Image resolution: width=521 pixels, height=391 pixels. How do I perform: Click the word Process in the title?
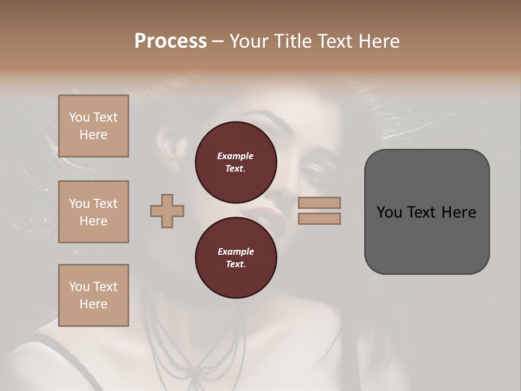[x=170, y=41]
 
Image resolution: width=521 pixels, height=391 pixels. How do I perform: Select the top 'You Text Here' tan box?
[x=93, y=126]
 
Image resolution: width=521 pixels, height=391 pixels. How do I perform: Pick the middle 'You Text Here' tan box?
[x=93, y=212]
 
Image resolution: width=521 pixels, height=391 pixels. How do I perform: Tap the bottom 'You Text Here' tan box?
[x=93, y=295]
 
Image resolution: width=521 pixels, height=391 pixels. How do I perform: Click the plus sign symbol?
[x=167, y=211]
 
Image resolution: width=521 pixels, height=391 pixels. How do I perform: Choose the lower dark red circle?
[x=236, y=258]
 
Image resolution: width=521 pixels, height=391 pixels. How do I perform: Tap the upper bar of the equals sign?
[x=319, y=203]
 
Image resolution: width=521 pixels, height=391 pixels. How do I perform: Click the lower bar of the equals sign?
[x=319, y=218]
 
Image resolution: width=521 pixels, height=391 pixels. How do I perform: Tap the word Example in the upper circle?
[x=236, y=156]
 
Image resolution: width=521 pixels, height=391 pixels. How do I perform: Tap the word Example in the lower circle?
[x=236, y=251]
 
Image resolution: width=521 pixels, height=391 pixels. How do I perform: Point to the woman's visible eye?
[x=311, y=173]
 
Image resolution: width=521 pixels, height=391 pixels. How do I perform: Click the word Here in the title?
[x=378, y=41]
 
